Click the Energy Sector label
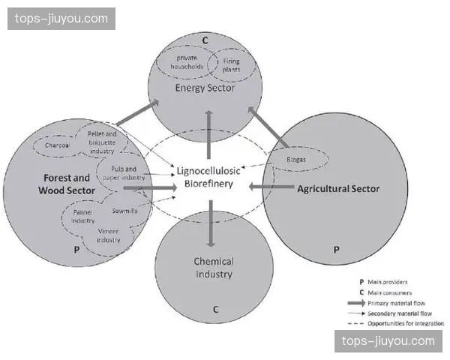pyautogui.click(x=205, y=88)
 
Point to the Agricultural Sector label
pyautogui.click(x=338, y=188)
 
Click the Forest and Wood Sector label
pyautogui.click(x=64, y=184)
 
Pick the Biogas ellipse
pyautogui.click(x=297, y=160)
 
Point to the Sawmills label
pyautogui.click(x=124, y=211)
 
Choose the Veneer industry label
pyautogui.click(x=109, y=235)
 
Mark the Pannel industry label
pyautogui.click(x=82, y=217)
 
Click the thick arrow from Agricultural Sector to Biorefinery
pyautogui.click(x=268, y=186)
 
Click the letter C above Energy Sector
pyautogui.click(x=205, y=40)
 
